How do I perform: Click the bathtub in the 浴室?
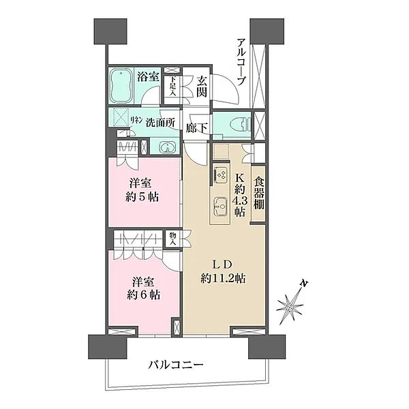point(123,85)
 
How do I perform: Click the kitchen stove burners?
point(222,175)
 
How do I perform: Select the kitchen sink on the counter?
point(220,204)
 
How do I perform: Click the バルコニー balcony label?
point(175,366)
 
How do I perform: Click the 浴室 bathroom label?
point(149,77)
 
